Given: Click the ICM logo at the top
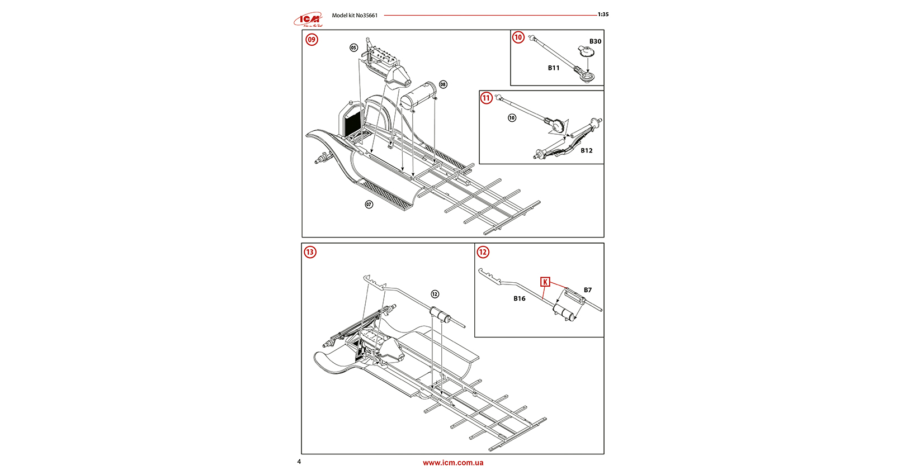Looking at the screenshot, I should [309, 20].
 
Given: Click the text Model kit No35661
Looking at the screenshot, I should [355, 16].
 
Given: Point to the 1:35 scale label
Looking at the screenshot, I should [603, 15].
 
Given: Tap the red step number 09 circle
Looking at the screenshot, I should [312, 40].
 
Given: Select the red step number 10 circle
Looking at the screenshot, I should [518, 37].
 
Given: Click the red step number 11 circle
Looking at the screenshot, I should [487, 98].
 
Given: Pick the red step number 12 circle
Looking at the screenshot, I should [483, 252].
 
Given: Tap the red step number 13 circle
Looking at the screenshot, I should [310, 252].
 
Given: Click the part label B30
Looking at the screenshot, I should [595, 41].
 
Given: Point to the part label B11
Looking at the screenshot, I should [554, 68].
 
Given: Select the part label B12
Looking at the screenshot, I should [586, 150].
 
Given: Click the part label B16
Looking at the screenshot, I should [520, 298].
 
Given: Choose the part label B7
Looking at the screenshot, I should [588, 290].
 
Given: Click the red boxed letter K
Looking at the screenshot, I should [545, 282].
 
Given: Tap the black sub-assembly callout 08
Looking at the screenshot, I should [443, 84].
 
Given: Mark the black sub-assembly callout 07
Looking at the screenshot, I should [369, 205].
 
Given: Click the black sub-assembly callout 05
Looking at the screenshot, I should [353, 47].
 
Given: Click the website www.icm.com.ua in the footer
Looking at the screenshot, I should [453, 463].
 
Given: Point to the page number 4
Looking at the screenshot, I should [299, 462].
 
